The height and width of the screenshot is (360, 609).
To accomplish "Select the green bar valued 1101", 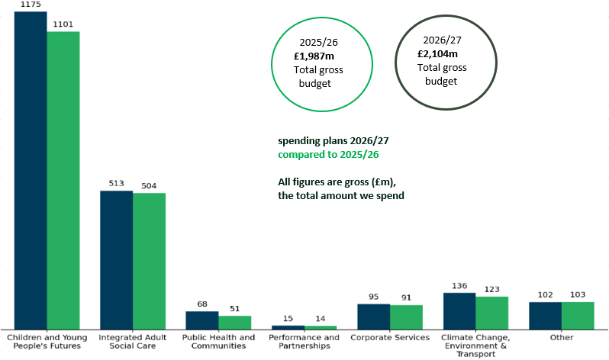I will click(x=63, y=180).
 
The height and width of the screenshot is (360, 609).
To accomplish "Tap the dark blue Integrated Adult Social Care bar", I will click(x=116, y=259).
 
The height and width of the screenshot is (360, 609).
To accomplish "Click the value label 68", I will click(x=202, y=304).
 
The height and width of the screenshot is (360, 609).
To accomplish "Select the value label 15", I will click(x=288, y=318).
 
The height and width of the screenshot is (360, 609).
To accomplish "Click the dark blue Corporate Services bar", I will click(x=373, y=316).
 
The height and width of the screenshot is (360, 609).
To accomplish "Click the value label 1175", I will click(x=31, y=5).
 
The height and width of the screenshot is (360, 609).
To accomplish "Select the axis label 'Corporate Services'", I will click(x=389, y=337).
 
